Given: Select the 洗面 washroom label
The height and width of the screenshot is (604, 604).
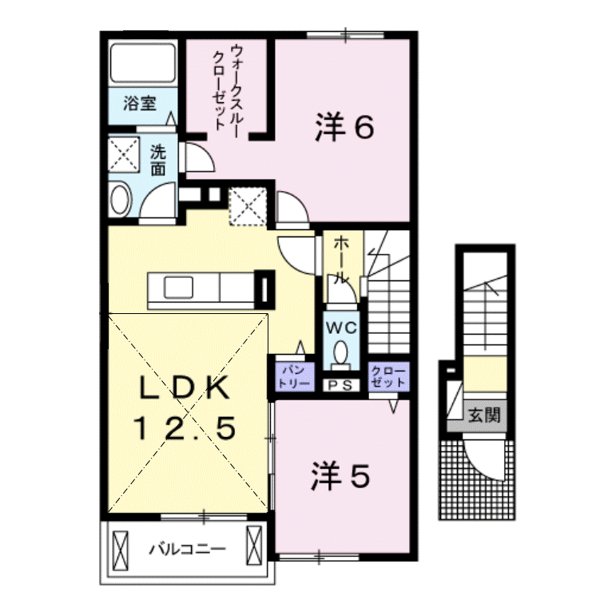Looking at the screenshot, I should click(x=159, y=160).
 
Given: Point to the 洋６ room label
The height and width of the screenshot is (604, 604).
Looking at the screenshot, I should click(x=344, y=127).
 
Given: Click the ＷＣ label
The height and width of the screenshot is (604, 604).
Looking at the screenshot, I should click(x=341, y=328).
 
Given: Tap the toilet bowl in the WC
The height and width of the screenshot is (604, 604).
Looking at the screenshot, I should click(x=341, y=352).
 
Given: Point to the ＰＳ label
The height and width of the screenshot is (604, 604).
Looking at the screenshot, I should click(x=342, y=385).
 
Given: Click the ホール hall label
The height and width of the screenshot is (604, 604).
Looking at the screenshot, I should click(x=340, y=260).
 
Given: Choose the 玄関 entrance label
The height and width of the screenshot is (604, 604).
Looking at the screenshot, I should click(x=483, y=415).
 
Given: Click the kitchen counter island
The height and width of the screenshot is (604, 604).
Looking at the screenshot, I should click(x=200, y=286).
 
